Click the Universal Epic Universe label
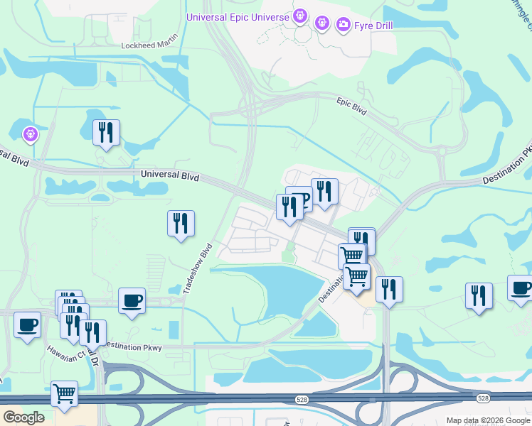pyautogui.click(x=238, y=16)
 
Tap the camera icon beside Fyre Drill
pyautogui.click(x=344, y=26)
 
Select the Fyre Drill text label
pyautogui.click(x=373, y=26)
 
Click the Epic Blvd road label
pyautogui.click(x=351, y=106)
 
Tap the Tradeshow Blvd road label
pyautogui.click(x=197, y=270)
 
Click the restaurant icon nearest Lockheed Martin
pyautogui.click(x=106, y=132)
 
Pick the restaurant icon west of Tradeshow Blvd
pyautogui.click(x=181, y=224)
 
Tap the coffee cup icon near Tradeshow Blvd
pyautogui.click(x=132, y=300)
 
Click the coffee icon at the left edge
pyautogui.click(x=27, y=325)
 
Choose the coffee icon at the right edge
pyautogui.click(x=520, y=289)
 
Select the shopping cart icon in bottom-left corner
pyautogui.click(x=64, y=393)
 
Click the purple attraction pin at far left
pyautogui.click(x=30, y=133)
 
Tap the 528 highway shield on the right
pyautogui.click(x=484, y=398)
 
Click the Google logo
pyautogui.click(x=24, y=417)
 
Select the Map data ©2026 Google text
pyautogui.click(x=486, y=420)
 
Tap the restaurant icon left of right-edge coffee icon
pyautogui.click(x=479, y=295)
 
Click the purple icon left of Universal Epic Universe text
pyautogui.click(x=300, y=15)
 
